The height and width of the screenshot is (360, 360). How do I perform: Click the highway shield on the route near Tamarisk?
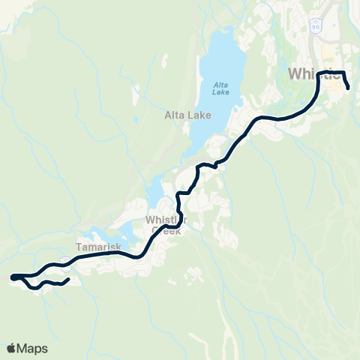[x=66, y=262]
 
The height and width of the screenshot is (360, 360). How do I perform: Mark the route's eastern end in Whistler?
[x=349, y=88]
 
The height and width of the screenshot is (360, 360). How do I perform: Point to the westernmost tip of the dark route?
[x=13, y=277]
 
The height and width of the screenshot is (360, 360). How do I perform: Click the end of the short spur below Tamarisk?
[x=69, y=280]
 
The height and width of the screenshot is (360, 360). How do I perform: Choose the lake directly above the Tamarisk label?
[x=101, y=234]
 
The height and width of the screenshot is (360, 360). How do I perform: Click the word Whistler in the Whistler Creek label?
[x=167, y=219]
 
